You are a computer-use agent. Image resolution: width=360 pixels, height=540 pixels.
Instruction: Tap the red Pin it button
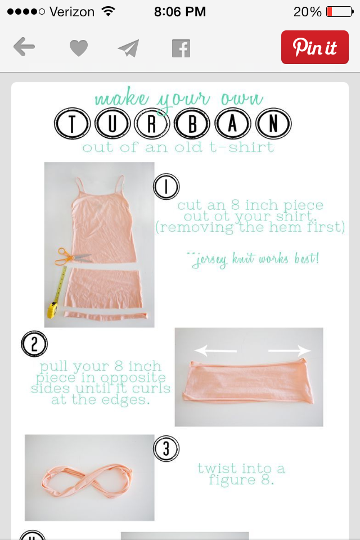point(314,47)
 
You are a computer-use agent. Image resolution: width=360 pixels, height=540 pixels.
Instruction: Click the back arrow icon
point(24,47)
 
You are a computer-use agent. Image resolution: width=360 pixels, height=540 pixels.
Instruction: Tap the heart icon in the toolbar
point(79,48)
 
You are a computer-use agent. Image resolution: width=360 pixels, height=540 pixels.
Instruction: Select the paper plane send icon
point(128,48)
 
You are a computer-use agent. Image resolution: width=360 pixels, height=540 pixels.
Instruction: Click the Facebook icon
point(181,48)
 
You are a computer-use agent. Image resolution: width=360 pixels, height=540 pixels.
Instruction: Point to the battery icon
point(340,12)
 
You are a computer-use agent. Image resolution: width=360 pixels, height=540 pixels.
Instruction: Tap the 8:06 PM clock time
point(180,12)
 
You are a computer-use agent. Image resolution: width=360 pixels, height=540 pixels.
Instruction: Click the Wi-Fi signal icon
point(108,11)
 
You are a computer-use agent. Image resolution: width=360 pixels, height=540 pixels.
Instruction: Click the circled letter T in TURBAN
point(72,124)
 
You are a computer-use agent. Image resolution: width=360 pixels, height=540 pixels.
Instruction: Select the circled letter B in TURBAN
point(192,124)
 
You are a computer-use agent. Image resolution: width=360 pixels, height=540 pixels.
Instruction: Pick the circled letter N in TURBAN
point(273,124)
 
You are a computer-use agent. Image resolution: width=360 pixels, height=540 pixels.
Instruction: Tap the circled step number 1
point(166,186)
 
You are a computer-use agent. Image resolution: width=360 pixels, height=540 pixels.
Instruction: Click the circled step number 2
point(34,344)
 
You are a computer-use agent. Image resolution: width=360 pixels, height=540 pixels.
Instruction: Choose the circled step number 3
point(166,448)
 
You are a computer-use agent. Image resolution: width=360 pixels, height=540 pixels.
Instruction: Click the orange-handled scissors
point(73,257)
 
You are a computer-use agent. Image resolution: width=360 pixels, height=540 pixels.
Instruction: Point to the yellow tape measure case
point(52,309)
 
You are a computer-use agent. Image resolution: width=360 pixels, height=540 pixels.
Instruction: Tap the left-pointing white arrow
point(215,351)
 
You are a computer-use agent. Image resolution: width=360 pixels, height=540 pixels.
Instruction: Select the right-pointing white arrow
point(289,351)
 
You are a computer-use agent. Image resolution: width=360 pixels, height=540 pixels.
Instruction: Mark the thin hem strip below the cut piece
point(105,315)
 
